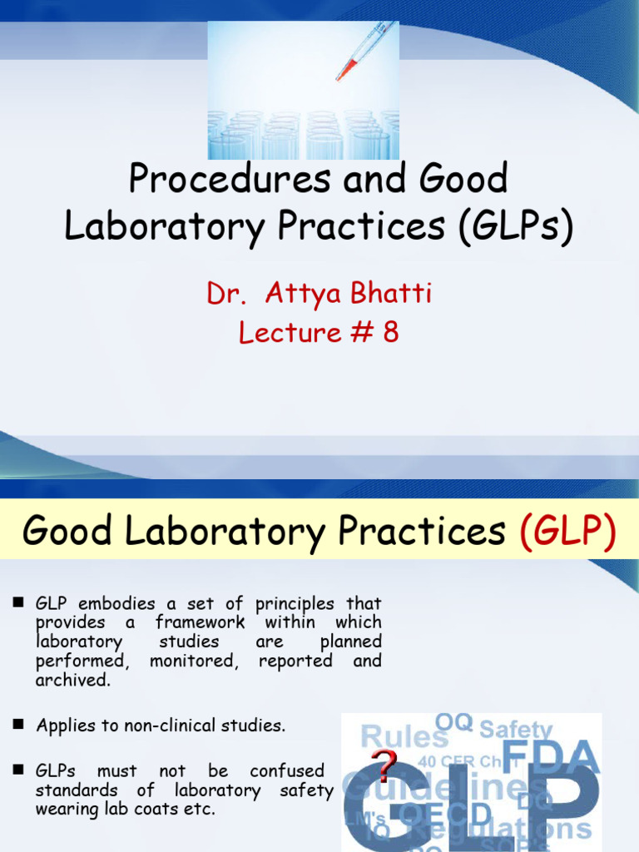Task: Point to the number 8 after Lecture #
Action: coord(390,332)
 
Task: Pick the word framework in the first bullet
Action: coord(200,622)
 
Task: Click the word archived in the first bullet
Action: coord(72,681)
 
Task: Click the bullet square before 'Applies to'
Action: coord(16,726)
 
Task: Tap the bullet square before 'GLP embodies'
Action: coord(16,603)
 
